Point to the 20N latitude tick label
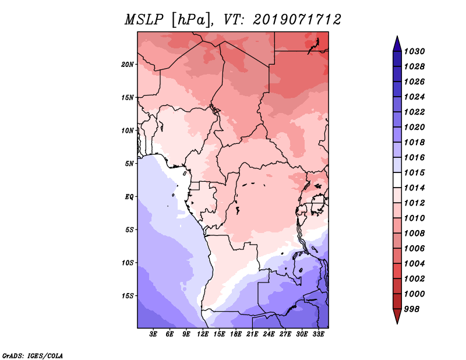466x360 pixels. [128, 64]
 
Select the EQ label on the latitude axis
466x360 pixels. [129, 196]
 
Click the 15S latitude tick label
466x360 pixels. [128, 295]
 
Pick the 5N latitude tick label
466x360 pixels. [130, 163]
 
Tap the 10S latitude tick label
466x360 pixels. [128, 262]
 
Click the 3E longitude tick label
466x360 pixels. [154, 334]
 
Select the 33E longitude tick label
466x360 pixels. [318, 334]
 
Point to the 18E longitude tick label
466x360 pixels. [236, 334]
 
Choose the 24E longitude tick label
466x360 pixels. [269, 334]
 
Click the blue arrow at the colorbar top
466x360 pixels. [397, 44]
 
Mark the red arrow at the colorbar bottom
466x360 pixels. [397, 316]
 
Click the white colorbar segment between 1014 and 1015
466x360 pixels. [397, 180]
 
